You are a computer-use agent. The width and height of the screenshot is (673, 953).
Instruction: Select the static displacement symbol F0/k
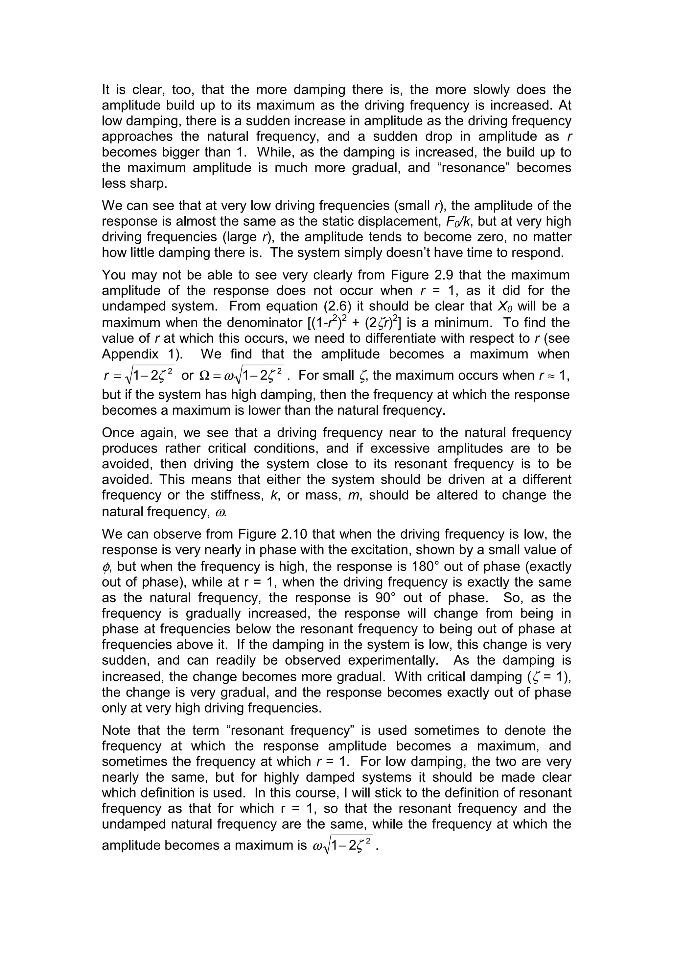pos(459,222)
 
